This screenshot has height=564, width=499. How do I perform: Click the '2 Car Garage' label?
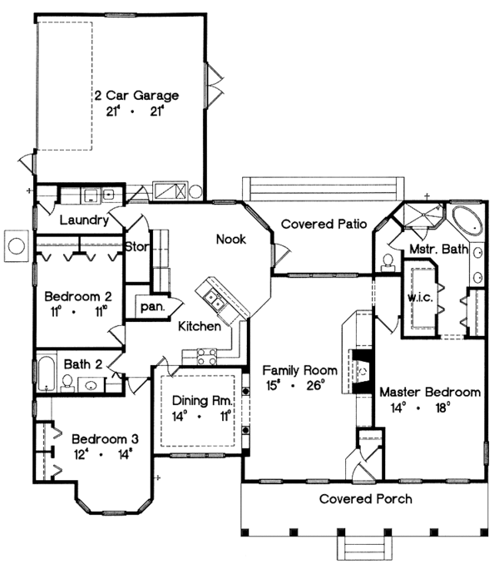pyautogui.click(x=136, y=95)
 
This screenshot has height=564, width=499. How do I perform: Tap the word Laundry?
pyautogui.click(x=84, y=220)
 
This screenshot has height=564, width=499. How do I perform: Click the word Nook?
pyautogui.click(x=230, y=239)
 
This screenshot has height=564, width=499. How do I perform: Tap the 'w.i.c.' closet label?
pyautogui.click(x=417, y=296)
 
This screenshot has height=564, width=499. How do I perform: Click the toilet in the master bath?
pyautogui.click(x=388, y=262)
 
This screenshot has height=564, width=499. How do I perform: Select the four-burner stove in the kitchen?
pyautogui.click(x=205, y=359)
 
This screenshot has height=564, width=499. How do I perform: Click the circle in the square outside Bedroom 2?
pyautogui.click(x=16, y=245)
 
